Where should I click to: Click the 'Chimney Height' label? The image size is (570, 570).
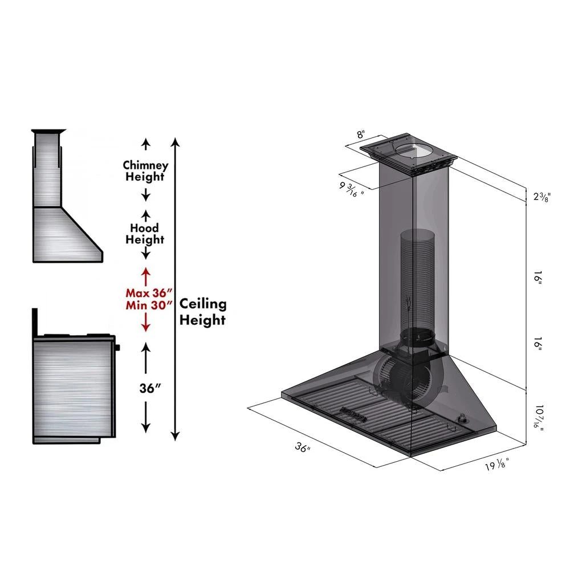145,171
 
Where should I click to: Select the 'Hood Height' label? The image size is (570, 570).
145,234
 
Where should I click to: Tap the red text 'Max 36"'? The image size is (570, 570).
148,293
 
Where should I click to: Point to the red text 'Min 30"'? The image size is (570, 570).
148,305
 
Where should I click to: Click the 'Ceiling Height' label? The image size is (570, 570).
203,312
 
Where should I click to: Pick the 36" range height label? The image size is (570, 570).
150,388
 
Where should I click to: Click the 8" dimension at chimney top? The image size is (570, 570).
360,135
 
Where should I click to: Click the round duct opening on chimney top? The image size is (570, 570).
414,150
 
